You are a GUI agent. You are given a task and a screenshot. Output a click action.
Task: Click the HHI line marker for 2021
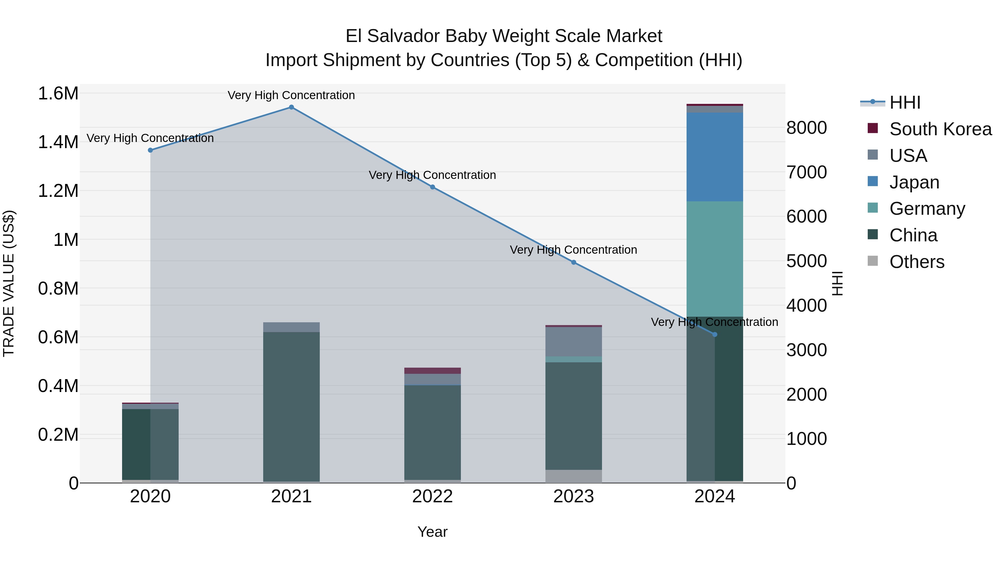click(x=291, y=107)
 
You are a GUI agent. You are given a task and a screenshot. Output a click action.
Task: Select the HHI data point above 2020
click(x=150, y=150)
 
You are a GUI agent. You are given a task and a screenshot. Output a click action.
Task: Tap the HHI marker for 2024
click(x=715, y=335)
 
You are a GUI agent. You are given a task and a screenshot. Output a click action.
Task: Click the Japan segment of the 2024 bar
click(x=715, y=157)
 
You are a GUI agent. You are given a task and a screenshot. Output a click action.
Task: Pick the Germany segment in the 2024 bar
click(x=715, y=258)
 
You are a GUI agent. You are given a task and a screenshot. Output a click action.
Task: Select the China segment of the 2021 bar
click(x=291, y=407)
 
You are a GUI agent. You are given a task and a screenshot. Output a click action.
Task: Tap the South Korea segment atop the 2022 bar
click(x=432, y=370)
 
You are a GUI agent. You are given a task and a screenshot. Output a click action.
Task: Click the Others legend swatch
click(x=872, y=261)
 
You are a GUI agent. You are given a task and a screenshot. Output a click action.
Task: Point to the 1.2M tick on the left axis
click(x=58, y=191)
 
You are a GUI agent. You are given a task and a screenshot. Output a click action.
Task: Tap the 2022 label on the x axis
click(x=432, y=496)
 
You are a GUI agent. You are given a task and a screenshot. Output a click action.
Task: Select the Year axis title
click(x=432, y=532)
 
